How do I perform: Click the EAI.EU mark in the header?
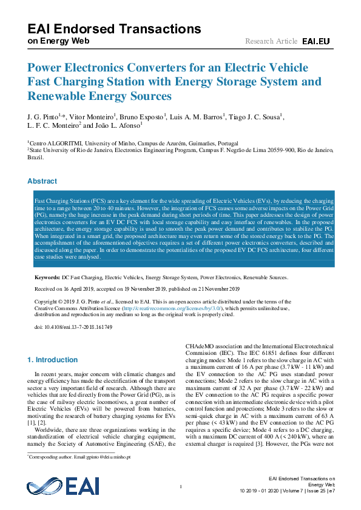pos(315,41)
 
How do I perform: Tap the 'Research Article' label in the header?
pos(271,41)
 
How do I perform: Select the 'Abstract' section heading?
pos(42,181)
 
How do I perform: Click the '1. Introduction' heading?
pos(53,360)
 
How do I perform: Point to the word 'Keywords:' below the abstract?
pos(47,277)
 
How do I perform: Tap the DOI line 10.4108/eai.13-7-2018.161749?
pos(73,327)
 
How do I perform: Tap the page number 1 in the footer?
pos(181,487)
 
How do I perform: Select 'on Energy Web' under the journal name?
pos(59,41)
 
